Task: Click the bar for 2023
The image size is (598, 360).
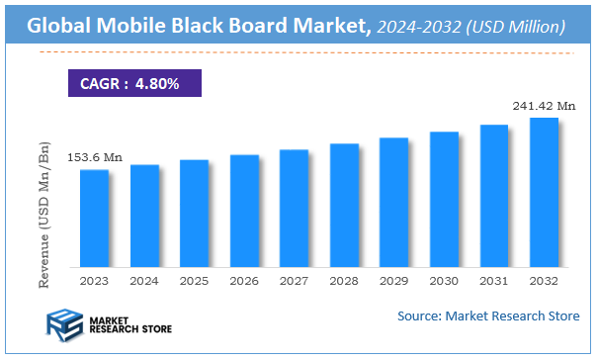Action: click(94, 219)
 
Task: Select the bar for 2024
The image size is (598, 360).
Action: click(144, 216)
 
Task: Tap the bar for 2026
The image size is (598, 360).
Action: click(244, 211)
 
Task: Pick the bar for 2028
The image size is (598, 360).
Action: click(344, 205)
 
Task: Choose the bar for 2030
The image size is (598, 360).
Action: click(444, 199)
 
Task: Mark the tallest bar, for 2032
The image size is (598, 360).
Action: click(544, 193)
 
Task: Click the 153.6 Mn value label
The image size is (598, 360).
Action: click(95, 157)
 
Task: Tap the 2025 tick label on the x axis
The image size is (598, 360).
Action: click(194, 281)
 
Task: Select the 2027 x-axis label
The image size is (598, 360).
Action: click(294, 281)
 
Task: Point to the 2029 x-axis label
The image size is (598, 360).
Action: click(393, 281)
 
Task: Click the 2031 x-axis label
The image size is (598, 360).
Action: click(493, 281)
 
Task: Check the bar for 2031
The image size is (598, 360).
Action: click(493, 196)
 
